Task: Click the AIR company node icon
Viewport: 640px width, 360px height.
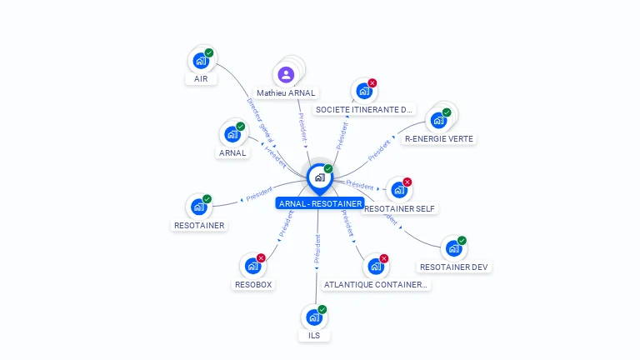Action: [200, 61]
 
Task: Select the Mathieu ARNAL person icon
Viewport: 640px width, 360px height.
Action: [287, 75]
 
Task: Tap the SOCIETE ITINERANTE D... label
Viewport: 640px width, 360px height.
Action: [364, 109]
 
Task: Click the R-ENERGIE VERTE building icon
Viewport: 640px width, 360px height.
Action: [438, 120]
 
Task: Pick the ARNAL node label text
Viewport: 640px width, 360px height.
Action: [232, 153]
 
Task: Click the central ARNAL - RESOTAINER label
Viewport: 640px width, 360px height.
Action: [321, 203]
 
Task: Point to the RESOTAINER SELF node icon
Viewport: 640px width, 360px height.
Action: [399, 190]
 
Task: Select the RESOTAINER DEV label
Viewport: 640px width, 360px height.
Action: [454, 267]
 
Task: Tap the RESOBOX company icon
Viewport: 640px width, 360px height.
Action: [252, 267]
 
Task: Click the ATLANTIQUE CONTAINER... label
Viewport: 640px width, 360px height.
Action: [376, 284]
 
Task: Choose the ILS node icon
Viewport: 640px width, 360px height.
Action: [314, 317]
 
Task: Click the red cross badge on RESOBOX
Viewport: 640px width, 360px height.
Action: [261, 258]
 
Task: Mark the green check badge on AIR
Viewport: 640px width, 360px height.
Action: [209, 52]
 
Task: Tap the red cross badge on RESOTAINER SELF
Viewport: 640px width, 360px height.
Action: [407, 182]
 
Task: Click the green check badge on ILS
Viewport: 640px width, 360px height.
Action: [322, 309]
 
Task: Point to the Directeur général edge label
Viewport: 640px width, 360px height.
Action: [260, 119]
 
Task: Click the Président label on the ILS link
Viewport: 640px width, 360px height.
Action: [317, 249]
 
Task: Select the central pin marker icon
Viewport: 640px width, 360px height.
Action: [319, 177]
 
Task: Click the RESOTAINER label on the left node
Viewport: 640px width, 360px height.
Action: [199, 225]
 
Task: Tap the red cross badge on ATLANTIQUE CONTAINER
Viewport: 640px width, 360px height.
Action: [384, 258]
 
